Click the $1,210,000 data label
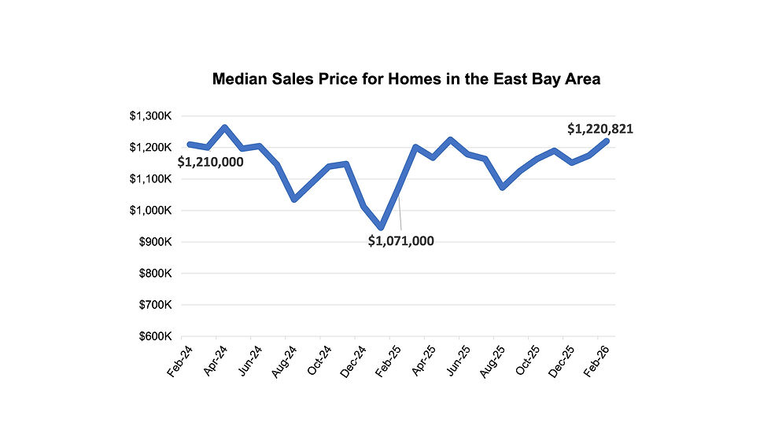click(x=210, y=163)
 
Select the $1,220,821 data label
click(x=600, y=130)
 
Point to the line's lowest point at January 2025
click(x=382, y=227)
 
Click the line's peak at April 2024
click(x=224, y=127)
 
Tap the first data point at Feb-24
click(x=190, y=145)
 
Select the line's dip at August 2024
click(x=294, y=199)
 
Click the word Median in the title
click(x=240, y=79)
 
